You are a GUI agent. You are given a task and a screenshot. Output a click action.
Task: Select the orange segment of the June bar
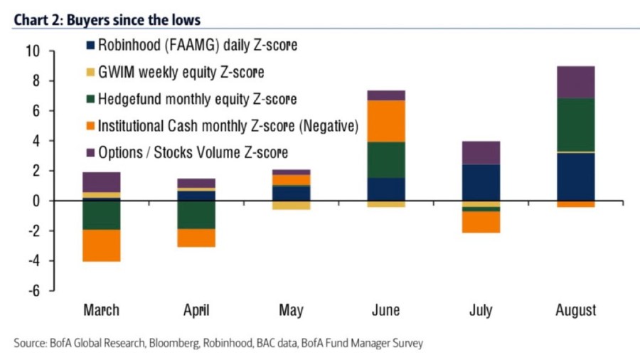tap(385, 121)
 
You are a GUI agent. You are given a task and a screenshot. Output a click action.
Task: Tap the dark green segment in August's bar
tap(576, 125)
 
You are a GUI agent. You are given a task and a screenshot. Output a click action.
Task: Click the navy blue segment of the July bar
tap(481, 182)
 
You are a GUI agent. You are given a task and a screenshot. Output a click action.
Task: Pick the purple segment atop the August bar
tap(576, 82)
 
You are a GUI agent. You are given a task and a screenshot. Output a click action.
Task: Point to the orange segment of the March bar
tap(101, 245)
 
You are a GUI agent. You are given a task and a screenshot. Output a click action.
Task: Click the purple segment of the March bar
tap(101, 182)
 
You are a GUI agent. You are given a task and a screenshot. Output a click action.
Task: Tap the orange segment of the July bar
tap(481, 222)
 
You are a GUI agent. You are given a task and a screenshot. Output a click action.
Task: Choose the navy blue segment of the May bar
tap(291, 193)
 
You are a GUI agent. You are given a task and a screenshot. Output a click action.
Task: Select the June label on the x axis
tap(385, 310)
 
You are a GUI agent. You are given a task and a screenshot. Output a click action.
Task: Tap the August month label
tap(576, 310)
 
